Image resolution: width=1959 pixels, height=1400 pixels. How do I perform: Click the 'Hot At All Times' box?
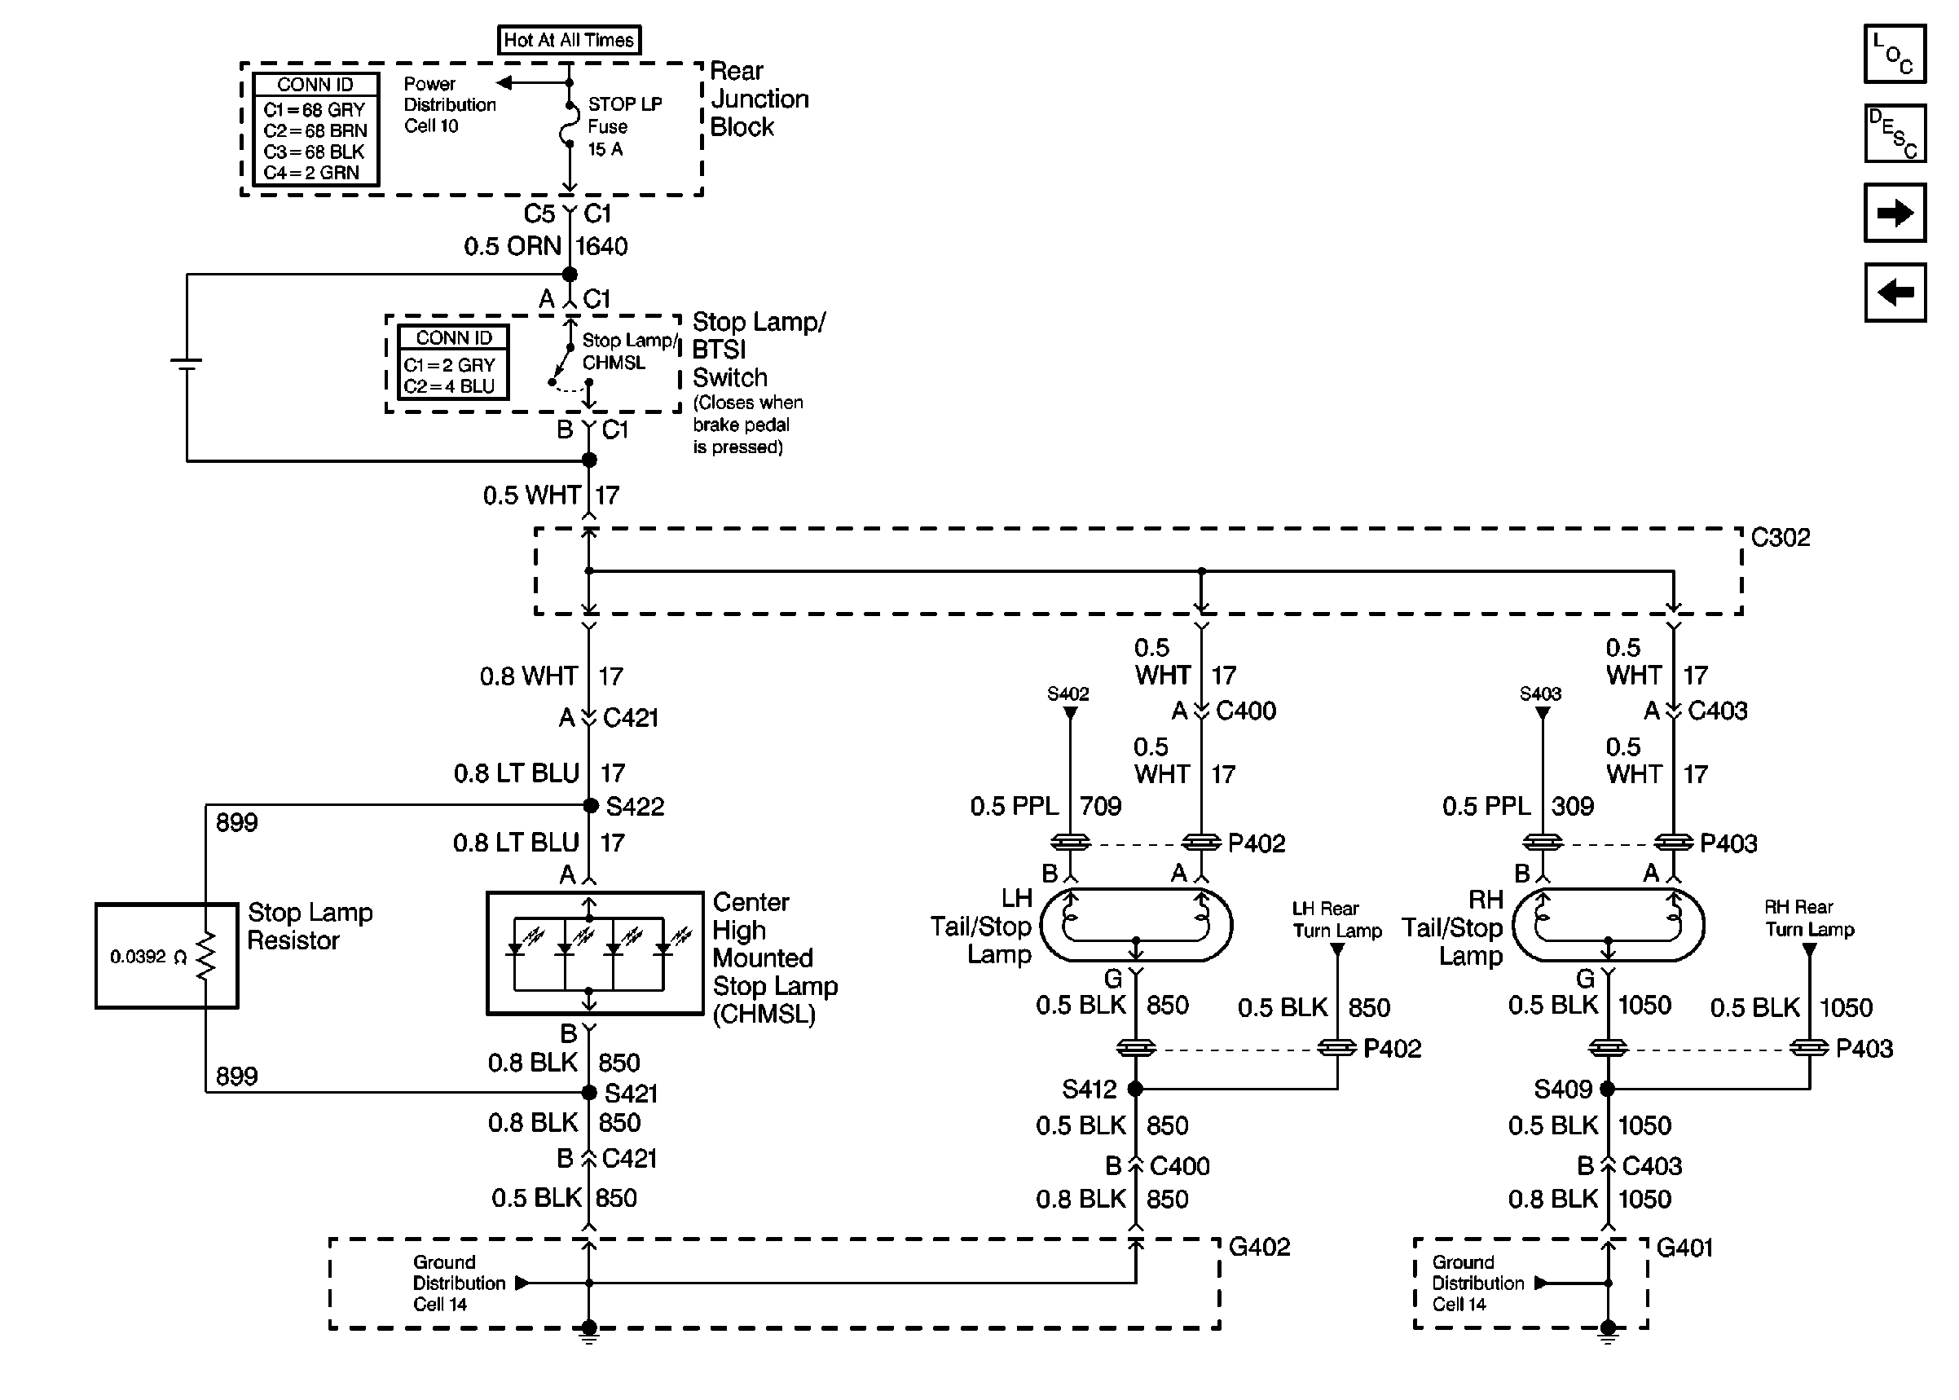point(569,40)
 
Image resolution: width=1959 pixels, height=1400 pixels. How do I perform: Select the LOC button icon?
point(1894,55)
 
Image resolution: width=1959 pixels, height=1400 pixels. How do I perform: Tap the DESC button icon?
point(1894,134)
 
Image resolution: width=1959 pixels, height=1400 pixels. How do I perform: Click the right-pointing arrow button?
point(1894,213)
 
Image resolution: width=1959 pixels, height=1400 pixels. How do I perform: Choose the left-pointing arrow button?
point(1894,293)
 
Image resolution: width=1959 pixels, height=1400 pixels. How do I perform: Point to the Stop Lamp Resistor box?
point(166,955)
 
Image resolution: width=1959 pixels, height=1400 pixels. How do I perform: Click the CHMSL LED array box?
point(595,953)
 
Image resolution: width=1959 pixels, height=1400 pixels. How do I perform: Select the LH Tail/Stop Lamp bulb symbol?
point(1136,925)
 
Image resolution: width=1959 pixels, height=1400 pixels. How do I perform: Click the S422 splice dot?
point(590,805)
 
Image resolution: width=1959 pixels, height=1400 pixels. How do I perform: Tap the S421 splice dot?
point(589,1092)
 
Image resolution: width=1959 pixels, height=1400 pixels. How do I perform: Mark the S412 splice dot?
point(1136,1089)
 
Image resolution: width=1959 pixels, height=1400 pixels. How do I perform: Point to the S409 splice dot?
point(1607,1089)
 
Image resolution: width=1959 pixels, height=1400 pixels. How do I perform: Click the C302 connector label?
point(1780,537)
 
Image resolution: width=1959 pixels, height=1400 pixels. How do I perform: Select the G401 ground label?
point(1684,1248)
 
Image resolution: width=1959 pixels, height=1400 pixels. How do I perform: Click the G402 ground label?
point(1259,1247)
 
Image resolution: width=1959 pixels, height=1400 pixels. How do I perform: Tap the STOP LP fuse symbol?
point(569,127)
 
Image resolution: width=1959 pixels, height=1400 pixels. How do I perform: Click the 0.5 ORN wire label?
point(512,247)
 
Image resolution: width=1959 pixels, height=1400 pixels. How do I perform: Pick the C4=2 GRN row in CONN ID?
point(312,173)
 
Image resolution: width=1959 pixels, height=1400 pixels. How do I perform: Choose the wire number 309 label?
point(1572,806)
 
